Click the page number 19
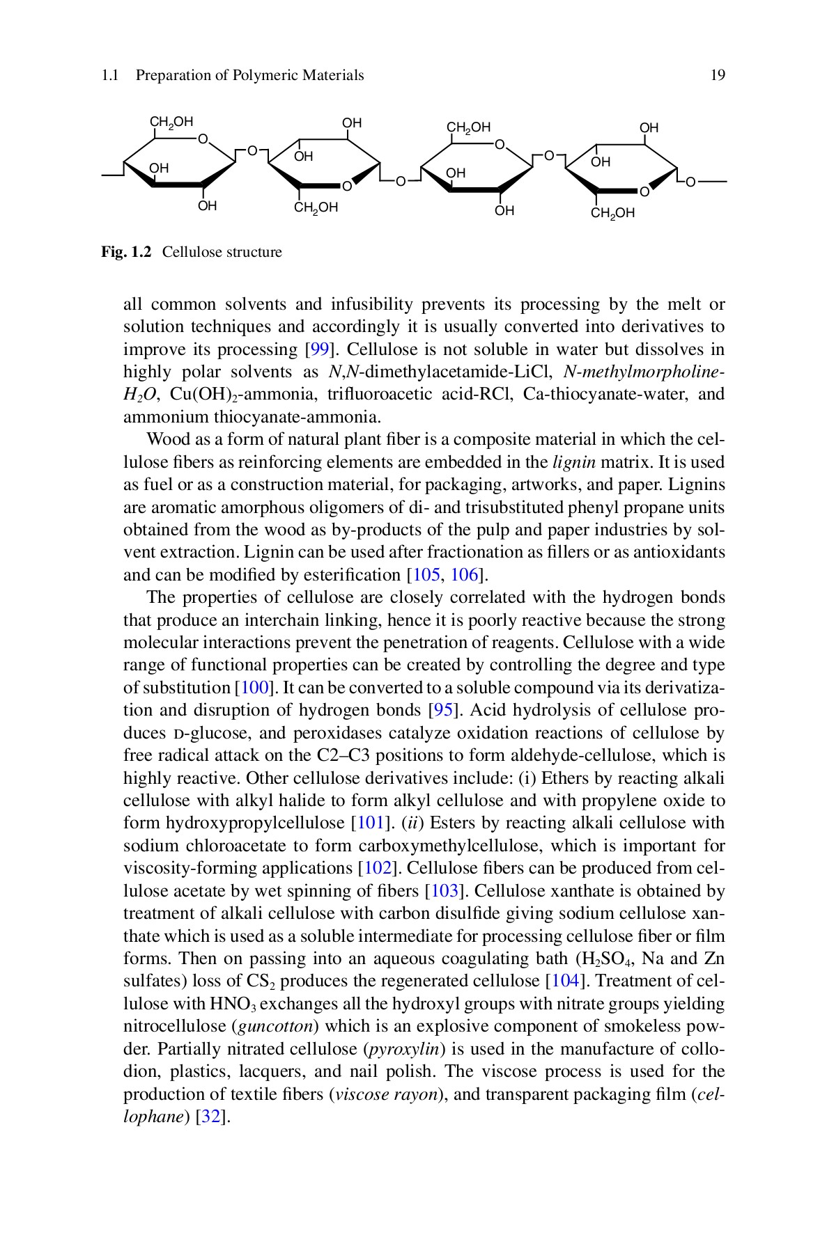(x=718, y=75)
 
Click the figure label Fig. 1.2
(x=126, y=252)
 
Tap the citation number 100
(x=254, y=688)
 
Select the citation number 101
(x=370, y=823)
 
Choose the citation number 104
(x=563, y=981)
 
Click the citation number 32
(x=212, y=1117)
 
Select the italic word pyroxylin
(x=404, y=1049)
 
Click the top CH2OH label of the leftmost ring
(x=171, y=123)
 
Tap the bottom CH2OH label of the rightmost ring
(x=612, y=213)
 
